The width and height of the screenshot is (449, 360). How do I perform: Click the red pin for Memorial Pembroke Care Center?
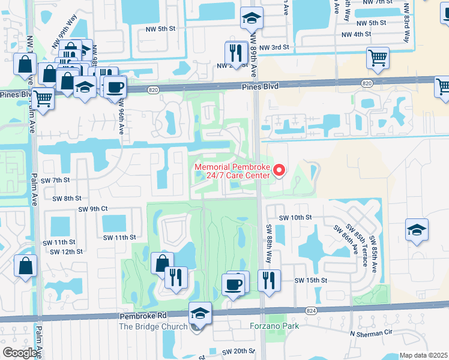click(279, 172)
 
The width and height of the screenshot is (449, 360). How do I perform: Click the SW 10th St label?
click(295, 217)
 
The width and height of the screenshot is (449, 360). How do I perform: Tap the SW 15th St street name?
click(310, 280)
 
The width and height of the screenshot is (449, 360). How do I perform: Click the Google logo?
click(19, 353)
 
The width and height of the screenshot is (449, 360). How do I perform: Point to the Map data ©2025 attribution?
click(424, 355)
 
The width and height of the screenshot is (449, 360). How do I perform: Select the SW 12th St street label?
click(67, 251)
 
